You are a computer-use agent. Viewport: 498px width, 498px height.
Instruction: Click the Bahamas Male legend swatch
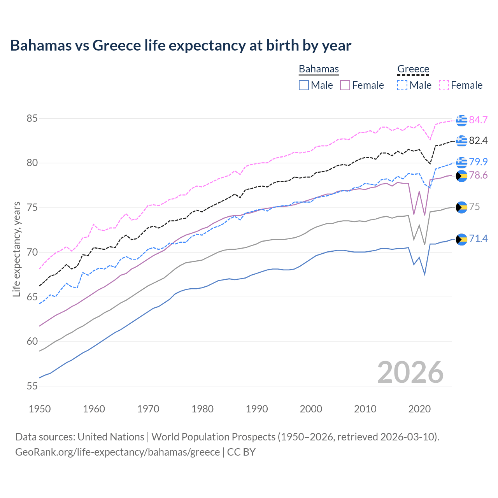304,85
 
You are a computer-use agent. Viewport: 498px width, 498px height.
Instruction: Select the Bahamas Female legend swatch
345,85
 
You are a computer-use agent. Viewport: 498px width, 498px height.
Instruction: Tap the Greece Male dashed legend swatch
402,85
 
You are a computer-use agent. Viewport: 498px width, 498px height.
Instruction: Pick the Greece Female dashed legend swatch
444,85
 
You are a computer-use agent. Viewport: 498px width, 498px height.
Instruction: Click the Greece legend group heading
413,69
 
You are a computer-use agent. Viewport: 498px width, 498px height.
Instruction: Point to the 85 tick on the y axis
32,118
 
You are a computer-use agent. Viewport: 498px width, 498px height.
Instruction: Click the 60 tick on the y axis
32,342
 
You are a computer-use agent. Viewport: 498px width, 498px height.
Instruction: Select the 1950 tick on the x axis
40,409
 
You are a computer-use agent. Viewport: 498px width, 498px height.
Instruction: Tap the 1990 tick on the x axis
257,409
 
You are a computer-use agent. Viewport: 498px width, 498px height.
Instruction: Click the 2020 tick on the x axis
419,409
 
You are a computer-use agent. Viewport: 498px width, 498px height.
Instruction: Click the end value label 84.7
478,120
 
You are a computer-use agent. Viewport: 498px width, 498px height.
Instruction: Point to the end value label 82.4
478,140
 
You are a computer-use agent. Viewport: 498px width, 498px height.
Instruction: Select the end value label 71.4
478,238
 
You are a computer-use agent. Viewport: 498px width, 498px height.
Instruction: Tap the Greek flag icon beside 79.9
461,162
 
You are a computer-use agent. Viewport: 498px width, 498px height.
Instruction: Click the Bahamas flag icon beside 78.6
461,176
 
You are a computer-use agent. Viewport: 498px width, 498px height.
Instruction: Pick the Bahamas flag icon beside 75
461,207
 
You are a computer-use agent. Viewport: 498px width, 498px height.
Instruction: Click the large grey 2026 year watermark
410,372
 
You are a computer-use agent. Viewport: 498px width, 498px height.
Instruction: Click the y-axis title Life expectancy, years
16,249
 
